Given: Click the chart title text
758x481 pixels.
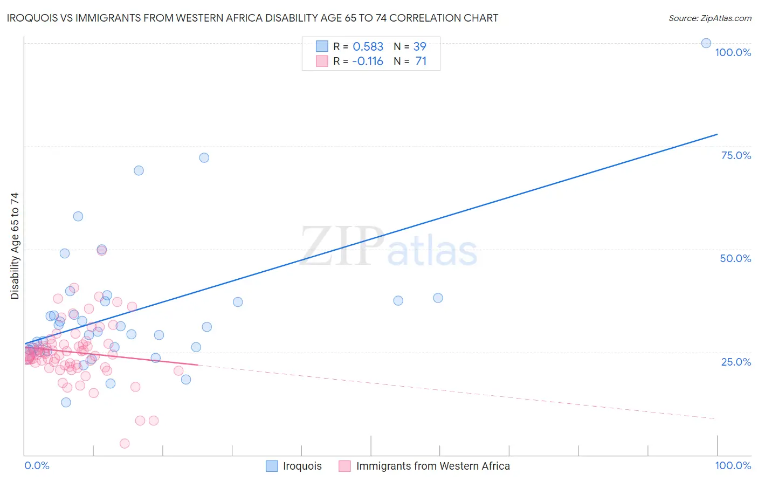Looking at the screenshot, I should pos(252,18).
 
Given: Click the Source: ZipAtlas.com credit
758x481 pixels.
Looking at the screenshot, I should pos(709,18).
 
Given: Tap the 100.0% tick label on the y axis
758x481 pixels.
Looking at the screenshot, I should pos(733,52).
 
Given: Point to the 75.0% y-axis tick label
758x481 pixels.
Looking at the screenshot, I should pos(736,155).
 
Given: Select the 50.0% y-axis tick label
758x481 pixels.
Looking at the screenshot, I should pos(735,258).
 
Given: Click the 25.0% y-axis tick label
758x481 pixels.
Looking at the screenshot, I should pos(736,362).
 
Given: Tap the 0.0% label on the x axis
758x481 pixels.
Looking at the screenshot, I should pos(37,465).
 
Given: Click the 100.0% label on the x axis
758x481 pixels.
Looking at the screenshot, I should pos(733,465).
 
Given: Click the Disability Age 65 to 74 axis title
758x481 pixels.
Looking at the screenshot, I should pos(15,245).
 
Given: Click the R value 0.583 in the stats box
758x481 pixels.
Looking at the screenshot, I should pos(368,46).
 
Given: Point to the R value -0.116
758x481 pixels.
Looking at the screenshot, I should pos(367,61).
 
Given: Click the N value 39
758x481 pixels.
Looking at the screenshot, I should pos(419,46).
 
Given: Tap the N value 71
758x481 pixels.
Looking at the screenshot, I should pos(421,61).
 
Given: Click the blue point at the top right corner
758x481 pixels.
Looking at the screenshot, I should pos(706,43).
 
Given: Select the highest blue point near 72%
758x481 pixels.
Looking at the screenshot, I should pos(204,157).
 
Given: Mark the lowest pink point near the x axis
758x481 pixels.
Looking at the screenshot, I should pos(125,443).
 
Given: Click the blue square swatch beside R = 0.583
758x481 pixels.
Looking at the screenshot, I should pos(322,46).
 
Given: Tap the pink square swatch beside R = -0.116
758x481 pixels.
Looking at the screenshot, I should pos(322,61).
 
